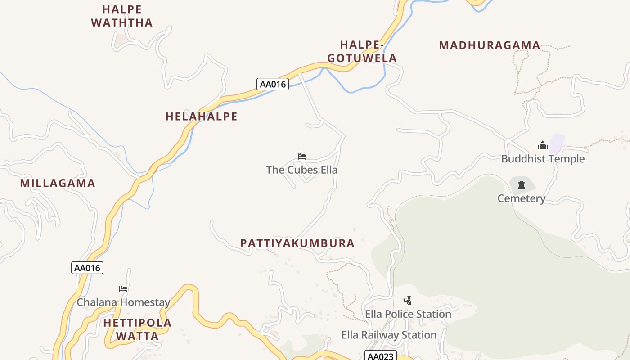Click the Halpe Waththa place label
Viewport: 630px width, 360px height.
122,16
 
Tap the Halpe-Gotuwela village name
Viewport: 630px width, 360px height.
362,51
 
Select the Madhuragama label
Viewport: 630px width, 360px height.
489,45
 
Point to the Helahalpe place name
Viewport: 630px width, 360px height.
201,117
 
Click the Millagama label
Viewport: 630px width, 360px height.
58,183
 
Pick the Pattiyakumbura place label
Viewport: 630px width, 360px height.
297,243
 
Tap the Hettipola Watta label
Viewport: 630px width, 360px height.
137,329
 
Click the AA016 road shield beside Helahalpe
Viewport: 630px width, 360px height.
272,84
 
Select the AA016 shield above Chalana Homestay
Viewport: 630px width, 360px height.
87,268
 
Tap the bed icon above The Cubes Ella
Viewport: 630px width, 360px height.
302,157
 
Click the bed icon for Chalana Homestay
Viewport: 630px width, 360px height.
123,288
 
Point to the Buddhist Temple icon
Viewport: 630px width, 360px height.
543,145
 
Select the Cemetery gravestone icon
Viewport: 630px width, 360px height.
522,184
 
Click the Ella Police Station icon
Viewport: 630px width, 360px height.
408,300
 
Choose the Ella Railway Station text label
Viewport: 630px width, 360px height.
389,335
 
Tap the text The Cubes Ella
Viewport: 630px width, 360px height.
301,170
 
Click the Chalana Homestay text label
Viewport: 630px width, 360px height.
123,302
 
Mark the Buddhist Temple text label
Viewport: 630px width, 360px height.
543,159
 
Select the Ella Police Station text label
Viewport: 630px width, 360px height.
408,314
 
